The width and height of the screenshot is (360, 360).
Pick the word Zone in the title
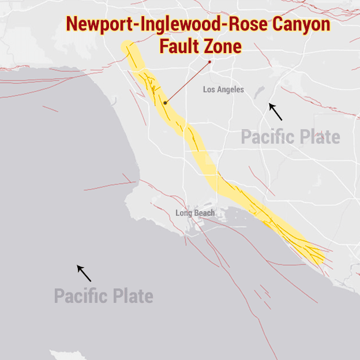[x=222, y=46]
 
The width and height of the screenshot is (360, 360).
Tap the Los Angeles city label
[x=223, y=89]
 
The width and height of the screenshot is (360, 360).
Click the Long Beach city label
[x=195, y=213]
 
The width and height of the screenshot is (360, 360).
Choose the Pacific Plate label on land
[x=290, y=137]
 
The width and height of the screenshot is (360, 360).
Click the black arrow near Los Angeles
[x=276, y=111]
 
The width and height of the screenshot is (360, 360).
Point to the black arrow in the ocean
[x=84, y=273]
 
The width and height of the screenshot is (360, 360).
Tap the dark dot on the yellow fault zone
[x=165, y=103]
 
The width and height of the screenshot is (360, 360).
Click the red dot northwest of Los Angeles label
[x=210, y=62]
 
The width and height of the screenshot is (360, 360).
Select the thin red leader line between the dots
[x=187, y=82]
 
